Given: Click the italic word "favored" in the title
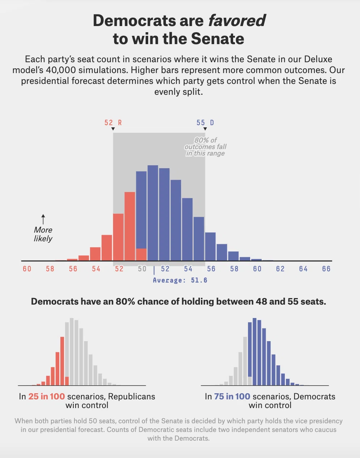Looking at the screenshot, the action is [237, 21].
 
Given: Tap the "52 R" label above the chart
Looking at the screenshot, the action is [113, 123].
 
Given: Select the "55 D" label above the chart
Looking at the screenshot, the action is [205, 123].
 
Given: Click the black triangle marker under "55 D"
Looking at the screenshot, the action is [205, 129].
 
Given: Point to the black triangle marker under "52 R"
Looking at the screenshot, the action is [113, 129].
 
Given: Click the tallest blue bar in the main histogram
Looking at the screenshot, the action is [153, 213].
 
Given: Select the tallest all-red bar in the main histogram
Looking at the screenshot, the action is [130, 226].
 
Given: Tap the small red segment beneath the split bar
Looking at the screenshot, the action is [141, 255].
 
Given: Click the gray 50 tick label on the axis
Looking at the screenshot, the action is [142, 269].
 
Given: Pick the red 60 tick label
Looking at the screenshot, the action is [27, 269].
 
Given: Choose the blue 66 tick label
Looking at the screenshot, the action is [326, 269].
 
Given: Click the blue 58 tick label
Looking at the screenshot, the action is [234, 269].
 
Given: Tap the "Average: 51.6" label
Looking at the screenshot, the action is [180, 280].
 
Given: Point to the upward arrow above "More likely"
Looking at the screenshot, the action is [43, 219].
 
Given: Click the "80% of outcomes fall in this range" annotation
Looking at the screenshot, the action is [205, 147].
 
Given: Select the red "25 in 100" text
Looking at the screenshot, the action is [47, 396].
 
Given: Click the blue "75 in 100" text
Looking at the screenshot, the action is [232, 396].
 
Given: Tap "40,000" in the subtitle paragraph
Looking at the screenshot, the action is [61, 70].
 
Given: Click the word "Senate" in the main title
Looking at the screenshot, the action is [217, 39].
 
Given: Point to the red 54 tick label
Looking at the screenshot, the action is [96, 269].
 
